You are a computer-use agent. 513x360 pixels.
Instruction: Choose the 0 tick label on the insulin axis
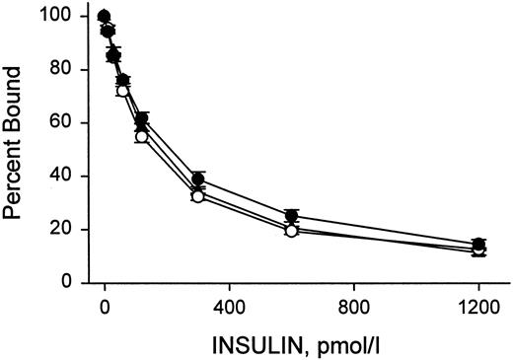point(105,306)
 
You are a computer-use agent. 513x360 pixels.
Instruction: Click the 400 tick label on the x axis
point(229,306)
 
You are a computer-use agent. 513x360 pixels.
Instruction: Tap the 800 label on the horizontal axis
point(353,306)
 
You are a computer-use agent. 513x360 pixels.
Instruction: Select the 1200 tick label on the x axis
point(477,306)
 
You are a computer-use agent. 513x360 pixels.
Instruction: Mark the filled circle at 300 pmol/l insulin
point(198,180)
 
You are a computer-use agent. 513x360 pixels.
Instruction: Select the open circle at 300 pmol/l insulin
point(197,196)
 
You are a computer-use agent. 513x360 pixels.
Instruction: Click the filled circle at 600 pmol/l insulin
point(291,216)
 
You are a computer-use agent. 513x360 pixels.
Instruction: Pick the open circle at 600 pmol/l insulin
point(291,231)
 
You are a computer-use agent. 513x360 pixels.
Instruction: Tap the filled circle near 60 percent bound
point(142,119)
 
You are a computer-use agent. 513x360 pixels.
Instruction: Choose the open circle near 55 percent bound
point(141,137)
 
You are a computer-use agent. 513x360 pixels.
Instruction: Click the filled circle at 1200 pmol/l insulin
point(477,245)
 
